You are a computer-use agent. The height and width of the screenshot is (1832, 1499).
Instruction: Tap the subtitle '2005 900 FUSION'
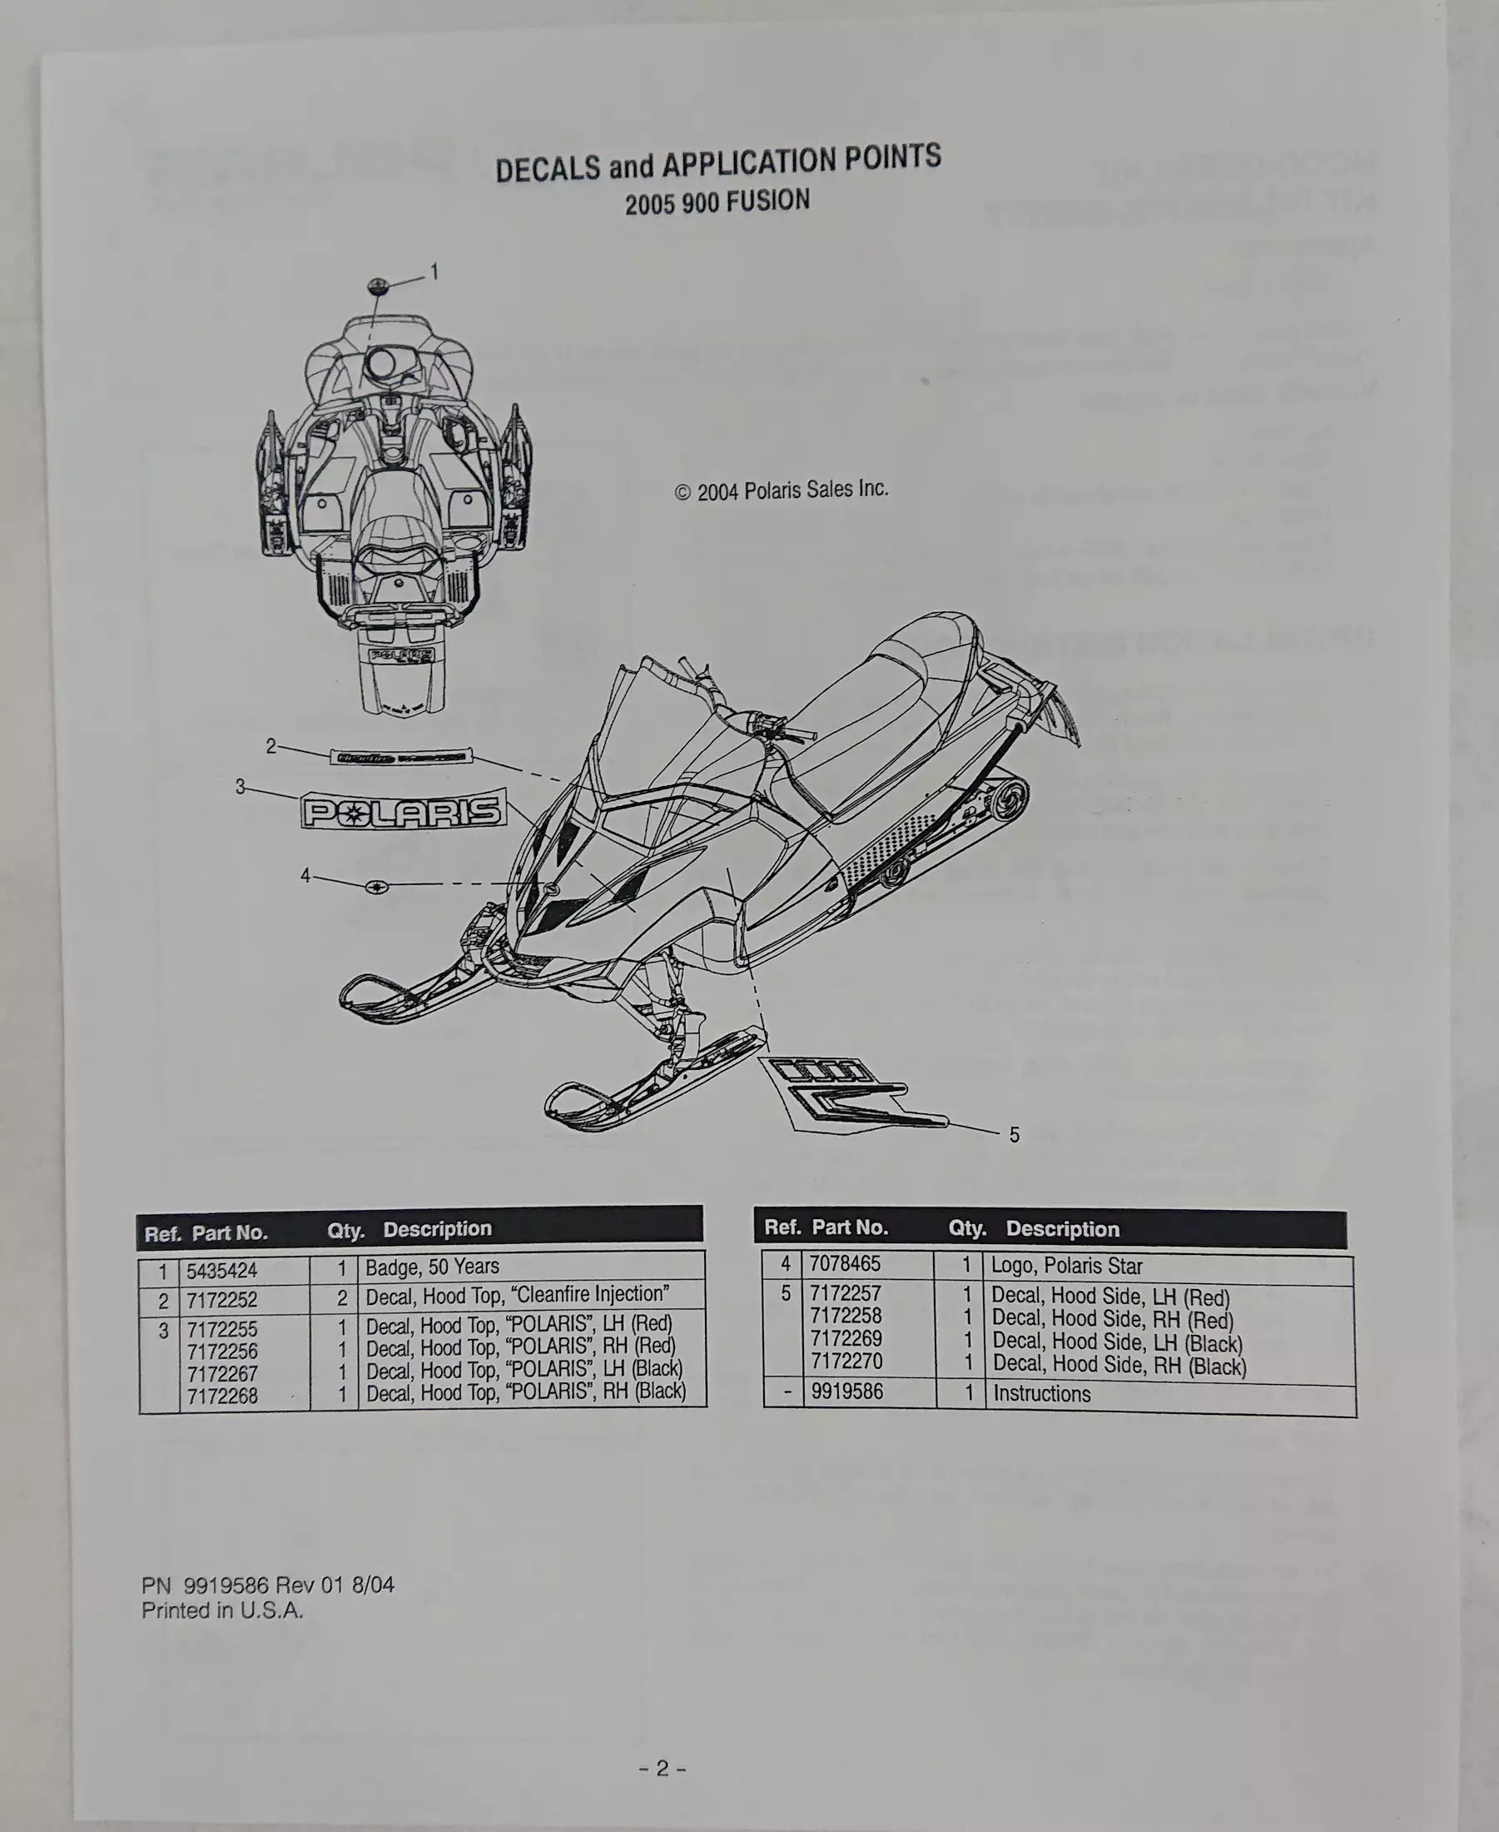(x=717, y=202)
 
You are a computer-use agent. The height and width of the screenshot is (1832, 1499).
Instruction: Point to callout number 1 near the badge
(x=434, y=272)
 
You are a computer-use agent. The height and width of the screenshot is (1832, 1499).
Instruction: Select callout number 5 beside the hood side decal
(x=1015, y=1135)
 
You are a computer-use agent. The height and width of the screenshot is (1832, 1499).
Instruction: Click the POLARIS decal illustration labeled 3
(x=403, y=810)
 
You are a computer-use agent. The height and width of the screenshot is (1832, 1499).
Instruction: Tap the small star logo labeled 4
(x=377, y=886)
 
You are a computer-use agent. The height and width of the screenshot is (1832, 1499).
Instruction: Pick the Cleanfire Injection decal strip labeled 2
(x=400, y=756)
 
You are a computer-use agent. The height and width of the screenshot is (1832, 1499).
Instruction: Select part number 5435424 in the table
(x=222, y=1271)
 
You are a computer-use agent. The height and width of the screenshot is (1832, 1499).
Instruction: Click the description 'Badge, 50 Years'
(x=433, y=1267)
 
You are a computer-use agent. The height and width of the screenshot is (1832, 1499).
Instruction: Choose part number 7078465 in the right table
(x=845, y=1265)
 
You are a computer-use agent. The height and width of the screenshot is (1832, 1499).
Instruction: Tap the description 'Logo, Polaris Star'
(x=1066, y=1267)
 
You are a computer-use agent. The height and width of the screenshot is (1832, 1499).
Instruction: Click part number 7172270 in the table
(x=846, y=1362)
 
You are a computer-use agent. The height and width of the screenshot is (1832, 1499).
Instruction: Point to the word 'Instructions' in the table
(x=1042, y=1393)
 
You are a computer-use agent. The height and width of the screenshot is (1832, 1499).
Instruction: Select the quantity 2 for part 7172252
(x=342, y=1298)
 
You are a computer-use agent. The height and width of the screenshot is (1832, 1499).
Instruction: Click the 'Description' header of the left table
(x=437, y=1229)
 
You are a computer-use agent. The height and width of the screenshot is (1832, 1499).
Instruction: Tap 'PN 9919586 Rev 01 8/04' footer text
(x=268, y=1585)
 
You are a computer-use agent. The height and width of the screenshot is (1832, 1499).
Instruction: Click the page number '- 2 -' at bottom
(x=663, y=1768)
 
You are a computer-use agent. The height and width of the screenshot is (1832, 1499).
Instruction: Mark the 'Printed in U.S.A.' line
(x=223, y=1610)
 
